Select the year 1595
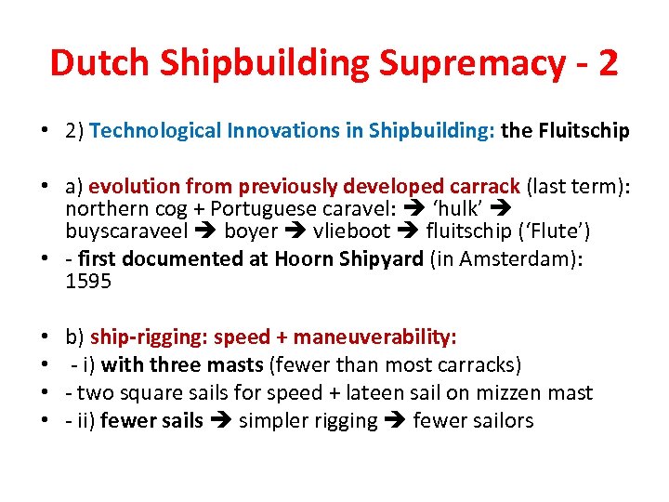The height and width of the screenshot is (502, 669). [88, 281]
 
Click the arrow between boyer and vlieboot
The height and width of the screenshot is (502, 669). [295, 231]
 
